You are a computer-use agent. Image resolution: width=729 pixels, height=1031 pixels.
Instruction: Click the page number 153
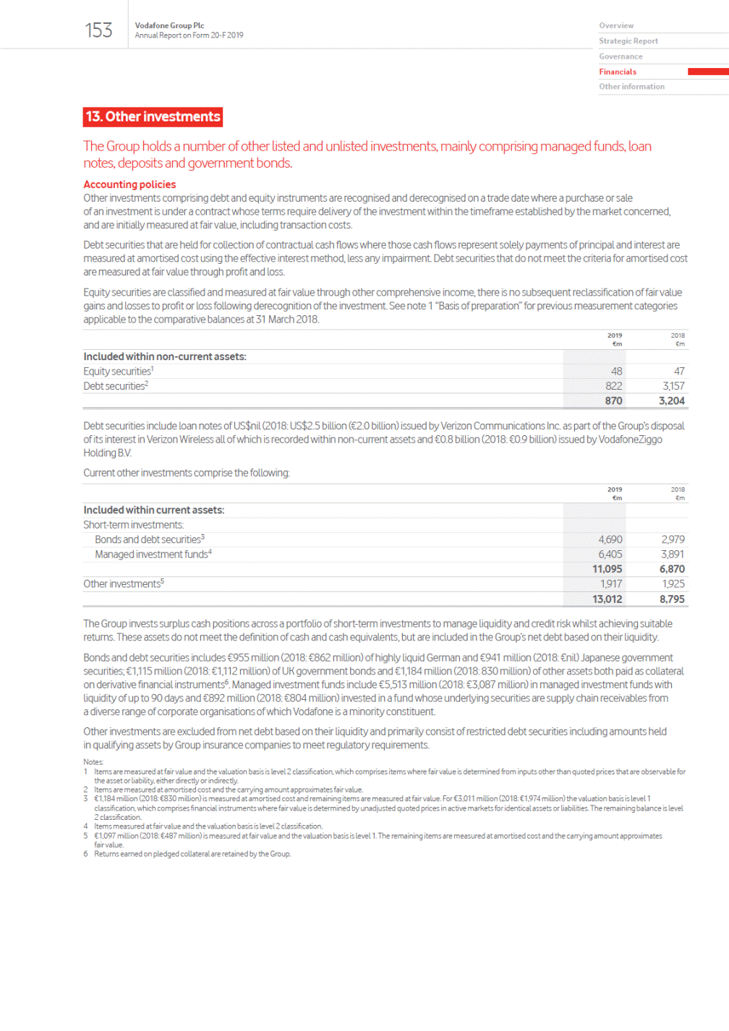(x=98, y=30)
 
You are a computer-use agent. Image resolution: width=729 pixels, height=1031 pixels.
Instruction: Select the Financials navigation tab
(x=618, y=72)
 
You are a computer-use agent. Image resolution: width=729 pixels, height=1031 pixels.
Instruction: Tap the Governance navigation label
(x=621, y=56)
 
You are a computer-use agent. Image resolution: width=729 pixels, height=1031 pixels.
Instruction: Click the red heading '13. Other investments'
(x=153, y=117)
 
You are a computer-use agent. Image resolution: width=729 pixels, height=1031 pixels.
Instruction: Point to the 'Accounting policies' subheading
(x=129, y=184)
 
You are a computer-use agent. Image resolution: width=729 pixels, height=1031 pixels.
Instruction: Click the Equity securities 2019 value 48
(x=616, y=372)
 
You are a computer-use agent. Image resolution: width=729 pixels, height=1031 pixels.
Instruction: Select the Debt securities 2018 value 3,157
(x=673, y=386)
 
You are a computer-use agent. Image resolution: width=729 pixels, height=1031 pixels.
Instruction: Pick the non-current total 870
(x=613, y=401)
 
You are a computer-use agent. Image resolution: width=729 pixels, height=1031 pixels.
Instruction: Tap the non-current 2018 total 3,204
(x=671, y=401)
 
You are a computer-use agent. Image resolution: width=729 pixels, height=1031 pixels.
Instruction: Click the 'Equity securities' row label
(x=117, y=372)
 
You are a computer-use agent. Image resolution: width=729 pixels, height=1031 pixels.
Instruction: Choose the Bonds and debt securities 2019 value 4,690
(x=610, y=540)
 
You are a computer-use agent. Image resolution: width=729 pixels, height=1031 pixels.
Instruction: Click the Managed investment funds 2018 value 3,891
(x=672, y=555)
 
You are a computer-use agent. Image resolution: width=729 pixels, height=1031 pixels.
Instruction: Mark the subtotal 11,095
(x=607, y=570)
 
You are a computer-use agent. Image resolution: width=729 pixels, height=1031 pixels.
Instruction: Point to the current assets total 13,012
(x=607, y=599)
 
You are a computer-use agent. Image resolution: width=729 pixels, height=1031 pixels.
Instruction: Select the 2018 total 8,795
(x=671, y=599)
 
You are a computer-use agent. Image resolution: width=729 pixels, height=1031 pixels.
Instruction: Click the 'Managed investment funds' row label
(x=152, y=555)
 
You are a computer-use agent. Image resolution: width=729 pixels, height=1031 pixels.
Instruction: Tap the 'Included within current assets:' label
(x=153, y=510)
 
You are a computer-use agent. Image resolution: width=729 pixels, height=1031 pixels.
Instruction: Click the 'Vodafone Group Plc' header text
(x=169, y=25)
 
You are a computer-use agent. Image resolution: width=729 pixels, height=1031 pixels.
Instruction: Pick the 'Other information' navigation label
(x=631, y=87)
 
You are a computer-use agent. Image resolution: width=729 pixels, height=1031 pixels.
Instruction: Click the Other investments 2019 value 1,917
(x=610, y=584)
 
